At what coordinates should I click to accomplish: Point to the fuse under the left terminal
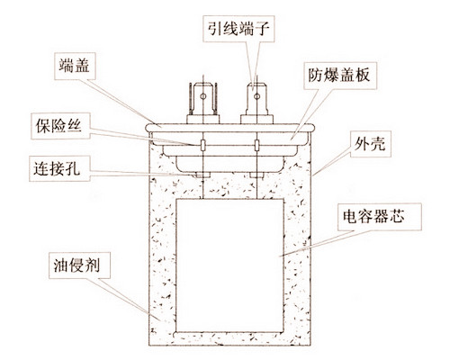(203, 145)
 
